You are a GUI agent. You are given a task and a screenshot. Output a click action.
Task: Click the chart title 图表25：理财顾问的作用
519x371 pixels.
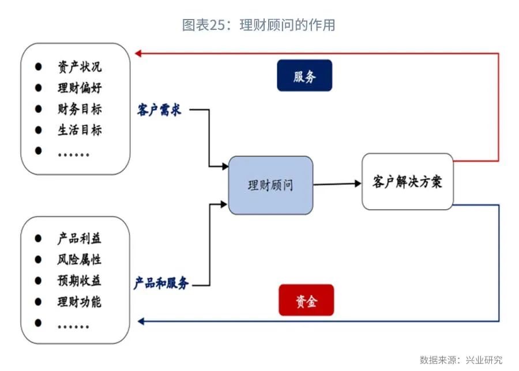(259, 25)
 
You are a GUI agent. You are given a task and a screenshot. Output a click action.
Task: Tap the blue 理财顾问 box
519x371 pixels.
(270, 185)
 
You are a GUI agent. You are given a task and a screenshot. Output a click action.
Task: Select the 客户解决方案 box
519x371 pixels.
(407, 181)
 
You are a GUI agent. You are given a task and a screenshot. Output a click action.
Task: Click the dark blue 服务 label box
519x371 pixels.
(304, 75)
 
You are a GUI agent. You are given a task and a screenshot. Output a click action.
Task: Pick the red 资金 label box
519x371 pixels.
(306, 300)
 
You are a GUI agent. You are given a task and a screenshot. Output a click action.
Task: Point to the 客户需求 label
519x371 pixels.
(159, 109)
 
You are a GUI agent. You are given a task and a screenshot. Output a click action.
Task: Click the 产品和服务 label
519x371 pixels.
(161, 283)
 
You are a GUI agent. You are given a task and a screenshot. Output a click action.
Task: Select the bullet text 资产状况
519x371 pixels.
(80, 67)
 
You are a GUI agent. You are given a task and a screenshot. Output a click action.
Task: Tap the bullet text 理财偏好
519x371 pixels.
(80, 88)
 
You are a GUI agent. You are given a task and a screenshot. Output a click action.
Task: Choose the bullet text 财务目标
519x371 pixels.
(80, 109)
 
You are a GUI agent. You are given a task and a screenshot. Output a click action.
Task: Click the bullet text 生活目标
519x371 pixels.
(80, 130)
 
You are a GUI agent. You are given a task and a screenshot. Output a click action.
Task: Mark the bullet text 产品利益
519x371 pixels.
(80, 238)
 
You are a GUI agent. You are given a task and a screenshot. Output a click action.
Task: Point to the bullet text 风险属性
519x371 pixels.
(80, 260)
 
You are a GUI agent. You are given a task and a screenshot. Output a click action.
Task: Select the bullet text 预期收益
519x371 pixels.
(80, 281)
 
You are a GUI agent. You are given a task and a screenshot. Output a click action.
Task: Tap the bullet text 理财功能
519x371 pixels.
(80, 301)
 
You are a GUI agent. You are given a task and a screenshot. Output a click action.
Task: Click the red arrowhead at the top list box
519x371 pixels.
(138, 54)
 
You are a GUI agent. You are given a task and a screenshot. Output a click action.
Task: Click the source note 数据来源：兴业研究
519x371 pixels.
(461, 360)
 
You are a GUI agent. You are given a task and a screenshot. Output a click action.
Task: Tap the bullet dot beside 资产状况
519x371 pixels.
(39, 67)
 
